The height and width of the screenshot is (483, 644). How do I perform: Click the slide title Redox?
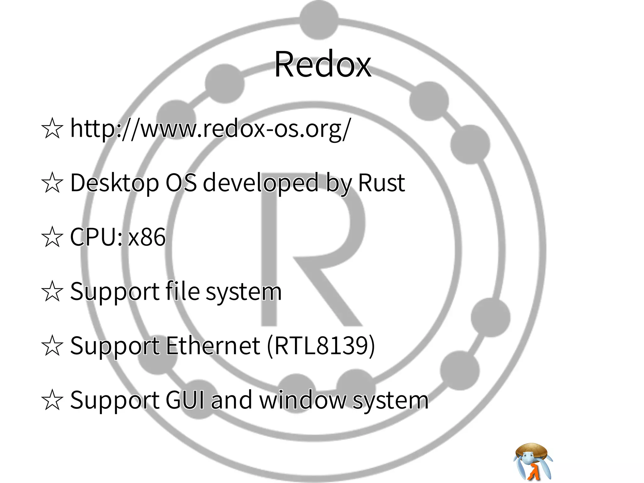point(322,64)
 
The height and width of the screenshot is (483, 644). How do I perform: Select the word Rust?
point(381,183)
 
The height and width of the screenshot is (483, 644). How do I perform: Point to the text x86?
point(147,237)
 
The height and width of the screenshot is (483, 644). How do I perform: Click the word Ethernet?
point(213,346)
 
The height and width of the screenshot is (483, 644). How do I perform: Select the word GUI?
point(185,400)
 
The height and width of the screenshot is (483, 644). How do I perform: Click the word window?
point(302,400)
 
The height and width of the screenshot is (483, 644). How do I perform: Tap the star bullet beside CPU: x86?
point(52,237)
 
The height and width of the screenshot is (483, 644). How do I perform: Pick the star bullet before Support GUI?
point(52,400)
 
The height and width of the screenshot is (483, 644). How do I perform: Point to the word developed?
point(261,183)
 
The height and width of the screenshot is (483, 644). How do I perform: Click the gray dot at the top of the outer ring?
point(319,19)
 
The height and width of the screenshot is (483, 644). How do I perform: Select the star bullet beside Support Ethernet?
point(52,346)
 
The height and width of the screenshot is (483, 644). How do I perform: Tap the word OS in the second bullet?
point(181,183)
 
